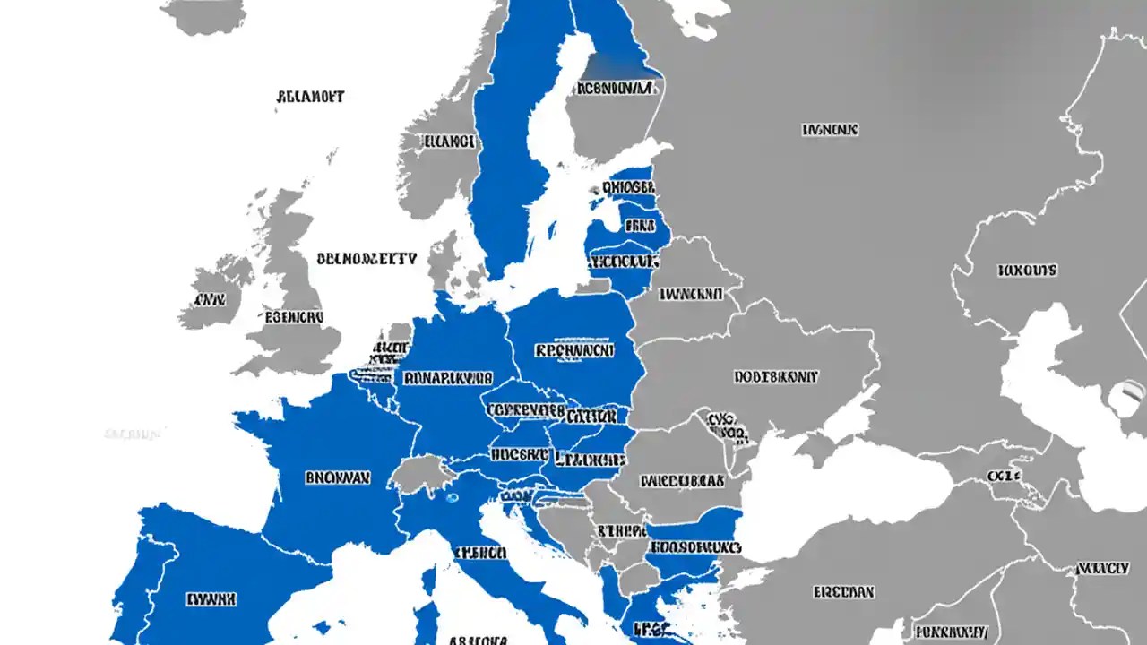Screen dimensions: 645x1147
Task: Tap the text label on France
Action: coord(337,478)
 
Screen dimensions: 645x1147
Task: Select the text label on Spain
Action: coord(211,598)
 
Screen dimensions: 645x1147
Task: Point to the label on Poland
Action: coord(573,351)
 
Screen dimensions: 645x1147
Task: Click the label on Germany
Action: coord(448,378)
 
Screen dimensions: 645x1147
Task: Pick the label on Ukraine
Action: coord(776,377)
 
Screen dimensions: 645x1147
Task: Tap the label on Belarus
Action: coord(690,293)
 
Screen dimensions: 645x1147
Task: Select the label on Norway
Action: coord(449,142)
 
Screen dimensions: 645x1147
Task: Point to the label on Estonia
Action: coord(629,188)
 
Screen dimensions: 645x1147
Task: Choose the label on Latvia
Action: coord(640,226)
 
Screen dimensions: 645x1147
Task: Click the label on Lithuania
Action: coord(624,262)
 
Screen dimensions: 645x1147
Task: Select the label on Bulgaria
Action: coord(695,546)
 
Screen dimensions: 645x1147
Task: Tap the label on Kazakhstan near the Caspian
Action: coord(1027,269)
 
